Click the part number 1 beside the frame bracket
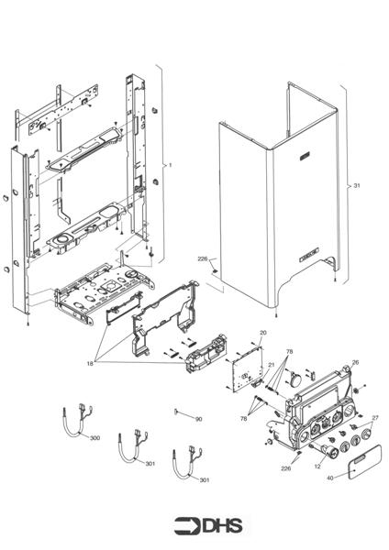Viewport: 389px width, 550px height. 170,165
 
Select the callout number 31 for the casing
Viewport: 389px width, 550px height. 357,185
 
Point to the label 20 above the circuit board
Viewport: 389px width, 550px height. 262,332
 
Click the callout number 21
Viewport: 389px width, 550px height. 271,365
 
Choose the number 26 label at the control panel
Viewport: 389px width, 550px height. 355,361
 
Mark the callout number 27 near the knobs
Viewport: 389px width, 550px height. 374,418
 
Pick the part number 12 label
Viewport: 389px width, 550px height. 318,466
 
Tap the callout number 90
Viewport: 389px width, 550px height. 198,419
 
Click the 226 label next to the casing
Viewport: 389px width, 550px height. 203,259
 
